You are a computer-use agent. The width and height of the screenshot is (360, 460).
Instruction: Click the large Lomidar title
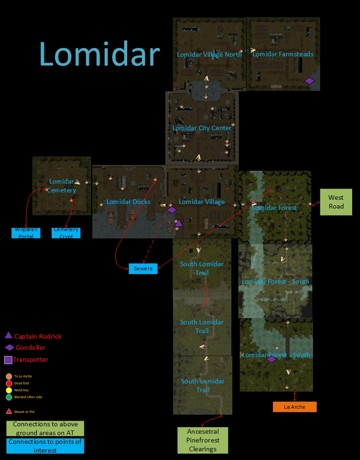tap(99, 54)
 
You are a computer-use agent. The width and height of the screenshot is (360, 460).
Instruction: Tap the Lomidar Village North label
tap(209, 54)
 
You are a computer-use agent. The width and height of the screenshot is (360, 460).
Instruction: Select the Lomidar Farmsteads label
tap(283, 54)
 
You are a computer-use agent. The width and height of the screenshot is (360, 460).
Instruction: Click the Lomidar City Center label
tap(202, 128)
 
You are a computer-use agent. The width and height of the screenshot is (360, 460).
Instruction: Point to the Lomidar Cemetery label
tap(61, 185)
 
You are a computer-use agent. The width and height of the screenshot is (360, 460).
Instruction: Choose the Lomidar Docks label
tap(128, 202)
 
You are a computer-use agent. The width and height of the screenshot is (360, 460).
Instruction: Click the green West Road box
tap(336, 202)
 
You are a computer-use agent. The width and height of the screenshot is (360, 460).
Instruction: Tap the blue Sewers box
tap(143, 269)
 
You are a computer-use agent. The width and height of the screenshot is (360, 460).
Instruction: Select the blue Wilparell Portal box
tap(26, 233)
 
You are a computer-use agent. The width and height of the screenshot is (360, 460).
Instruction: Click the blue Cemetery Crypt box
tap(66, 233)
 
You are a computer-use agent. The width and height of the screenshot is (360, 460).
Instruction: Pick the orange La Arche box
tap(295, 407)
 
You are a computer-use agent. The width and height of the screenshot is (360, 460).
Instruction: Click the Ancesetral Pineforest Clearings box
tap(203, 440)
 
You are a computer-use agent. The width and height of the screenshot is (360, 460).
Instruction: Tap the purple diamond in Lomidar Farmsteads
tap(309, 81)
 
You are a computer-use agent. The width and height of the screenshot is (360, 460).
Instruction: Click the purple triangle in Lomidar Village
tap(179, 223)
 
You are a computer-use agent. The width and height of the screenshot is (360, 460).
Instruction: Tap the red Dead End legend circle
tap(9, 383)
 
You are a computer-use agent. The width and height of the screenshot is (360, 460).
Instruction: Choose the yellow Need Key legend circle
tap(9, 390)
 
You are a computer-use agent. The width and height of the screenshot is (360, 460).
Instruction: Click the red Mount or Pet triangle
tap(9, 411)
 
